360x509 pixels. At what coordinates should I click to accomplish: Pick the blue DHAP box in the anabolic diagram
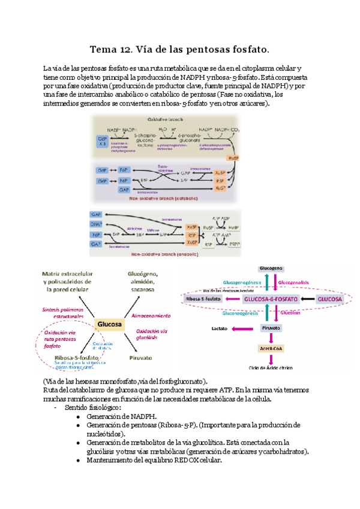pyautogui.click(x=95, y=224)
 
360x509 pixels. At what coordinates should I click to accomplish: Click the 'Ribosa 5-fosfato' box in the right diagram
pyautogui.click(x=206, y=298)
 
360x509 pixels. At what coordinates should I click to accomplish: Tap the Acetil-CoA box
pyautogui.click(x=271, y=348)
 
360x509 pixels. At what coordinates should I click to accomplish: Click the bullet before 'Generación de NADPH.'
pyautogui.click(x=79, y=415)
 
